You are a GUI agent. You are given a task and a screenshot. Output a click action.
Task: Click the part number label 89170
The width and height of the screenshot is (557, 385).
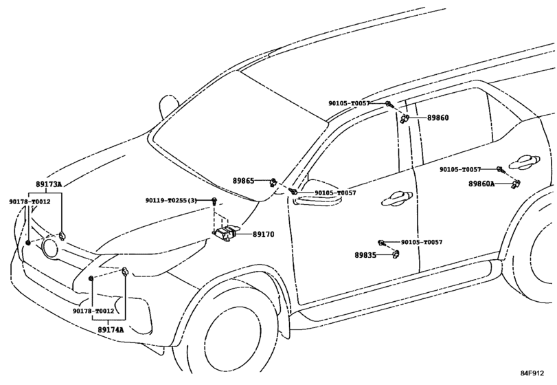coord(264,234)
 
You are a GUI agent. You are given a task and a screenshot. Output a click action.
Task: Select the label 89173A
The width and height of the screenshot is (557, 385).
coord(49,184)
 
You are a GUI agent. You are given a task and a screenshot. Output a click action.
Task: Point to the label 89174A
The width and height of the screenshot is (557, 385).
coord(111,329)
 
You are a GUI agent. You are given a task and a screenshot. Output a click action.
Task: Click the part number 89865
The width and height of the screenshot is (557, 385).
coord(244,181)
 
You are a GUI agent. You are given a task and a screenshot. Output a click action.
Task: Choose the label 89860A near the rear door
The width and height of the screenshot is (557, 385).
coord(481,184)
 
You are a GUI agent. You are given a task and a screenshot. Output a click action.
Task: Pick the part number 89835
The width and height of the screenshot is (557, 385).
coord(365,255)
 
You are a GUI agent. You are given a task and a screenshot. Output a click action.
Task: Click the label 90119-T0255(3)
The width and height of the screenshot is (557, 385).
coord(171,201)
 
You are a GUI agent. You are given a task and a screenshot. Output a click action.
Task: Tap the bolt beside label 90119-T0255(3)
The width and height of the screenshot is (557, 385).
coord(214,201)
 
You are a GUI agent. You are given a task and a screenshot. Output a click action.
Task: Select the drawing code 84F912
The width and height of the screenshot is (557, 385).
coord(532,373)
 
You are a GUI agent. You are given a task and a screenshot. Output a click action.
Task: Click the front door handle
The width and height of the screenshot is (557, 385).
coord(397,199)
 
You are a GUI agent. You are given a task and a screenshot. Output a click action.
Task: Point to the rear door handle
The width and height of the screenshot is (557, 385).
coord(524,162)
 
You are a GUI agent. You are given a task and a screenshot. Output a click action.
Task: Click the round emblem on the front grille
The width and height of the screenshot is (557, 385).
coord(50,247)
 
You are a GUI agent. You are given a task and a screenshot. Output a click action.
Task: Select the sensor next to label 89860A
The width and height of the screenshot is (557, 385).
coord(515,184)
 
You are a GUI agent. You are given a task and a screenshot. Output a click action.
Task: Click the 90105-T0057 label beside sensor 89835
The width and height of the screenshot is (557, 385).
coord(422,242)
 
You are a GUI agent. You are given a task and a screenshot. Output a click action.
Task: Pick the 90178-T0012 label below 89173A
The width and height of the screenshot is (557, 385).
coord(30,201)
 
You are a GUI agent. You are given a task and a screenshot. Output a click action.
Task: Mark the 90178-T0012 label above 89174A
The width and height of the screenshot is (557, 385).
coord(93,311)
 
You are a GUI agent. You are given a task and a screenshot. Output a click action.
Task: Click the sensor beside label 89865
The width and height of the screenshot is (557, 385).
coord(273,181)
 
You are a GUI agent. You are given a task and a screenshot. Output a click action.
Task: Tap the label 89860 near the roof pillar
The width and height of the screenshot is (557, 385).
coord(437,118)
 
